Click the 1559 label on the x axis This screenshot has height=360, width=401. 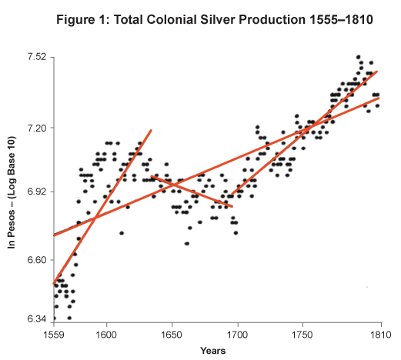pos(53,335)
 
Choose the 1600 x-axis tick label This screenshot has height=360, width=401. pos(105,335)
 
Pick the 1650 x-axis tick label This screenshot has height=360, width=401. pos(171,335)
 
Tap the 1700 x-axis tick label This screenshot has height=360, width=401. pos(236,335)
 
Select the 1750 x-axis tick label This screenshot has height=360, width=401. pos(302,335)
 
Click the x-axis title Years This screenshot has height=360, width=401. pos(212,351)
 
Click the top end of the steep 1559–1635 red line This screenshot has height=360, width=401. pos(151,130)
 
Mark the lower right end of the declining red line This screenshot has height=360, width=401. pos(232,206)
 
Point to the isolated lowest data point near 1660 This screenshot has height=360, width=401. pos(186,243)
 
